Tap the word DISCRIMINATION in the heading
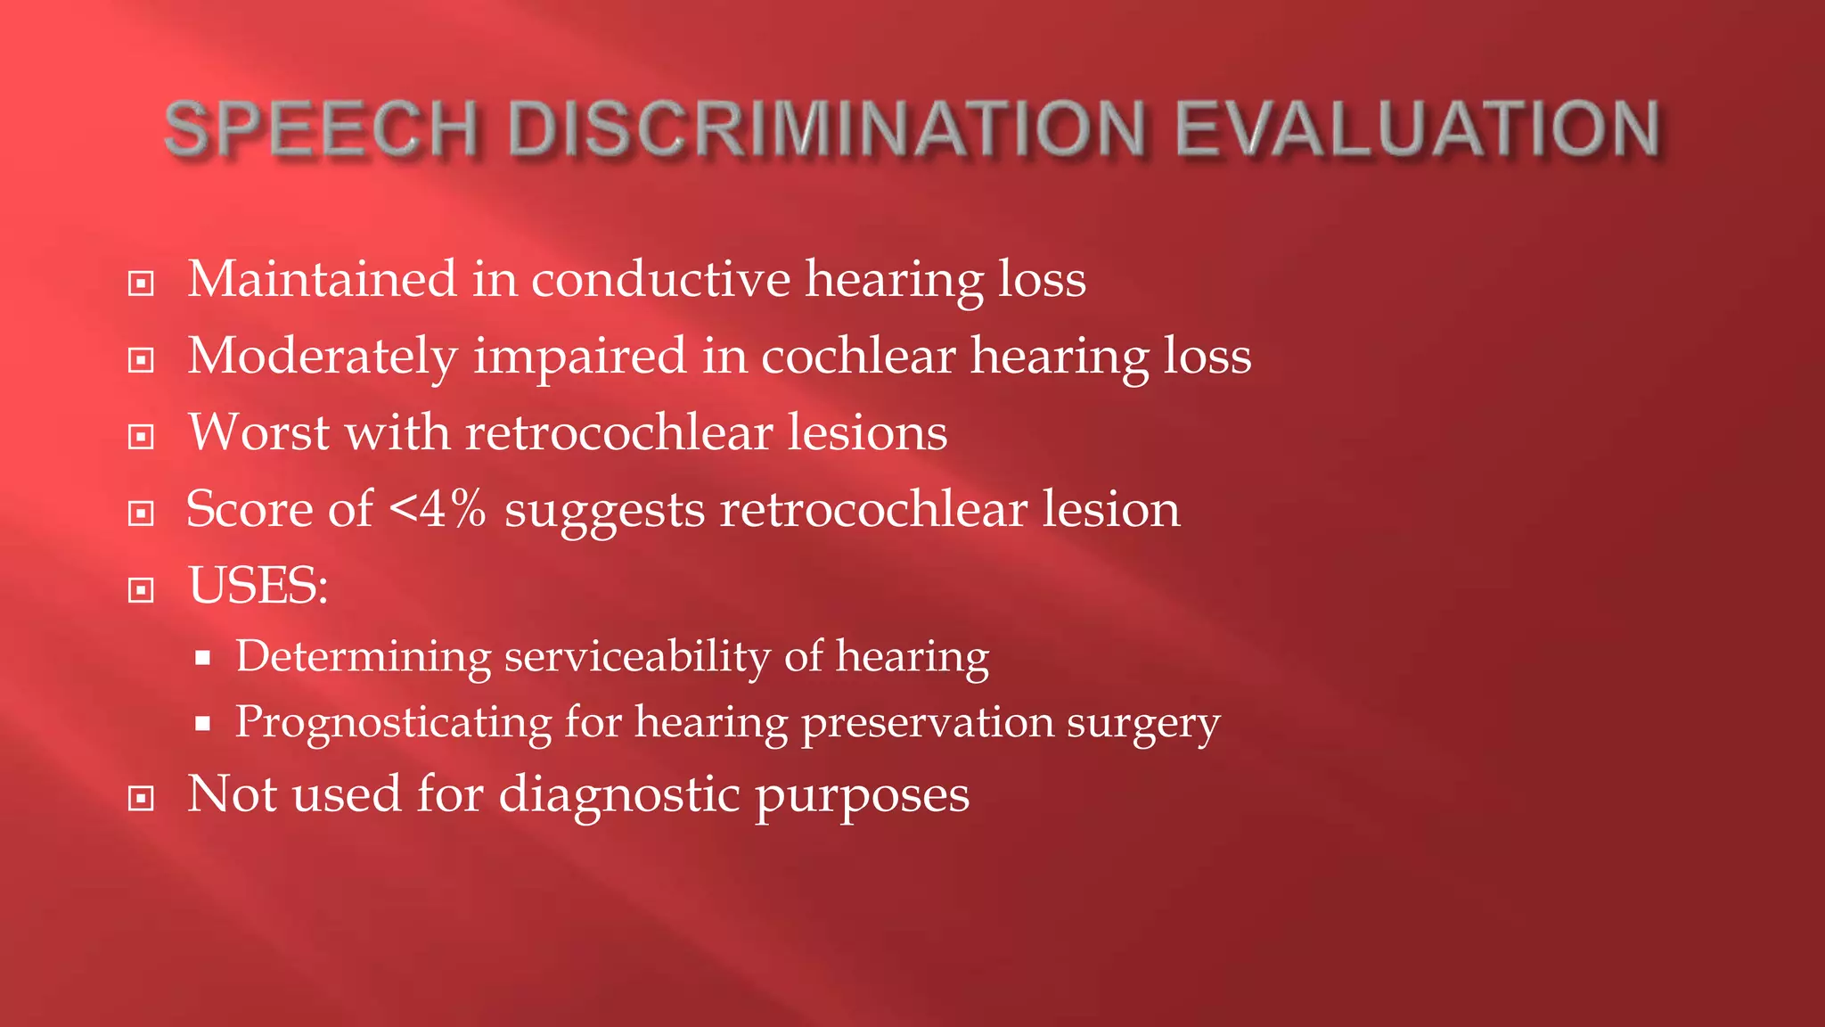coord(826,130)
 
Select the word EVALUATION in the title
coord(1418,130)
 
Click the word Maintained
coord(322,279)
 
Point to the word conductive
coord(660,279)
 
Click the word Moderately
coord(322,356)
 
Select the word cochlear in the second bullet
coord(857,356)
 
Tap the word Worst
coord(258,432)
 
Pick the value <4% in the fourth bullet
coord(438,509)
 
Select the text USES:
coord(258,586)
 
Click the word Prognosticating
coord(393,722)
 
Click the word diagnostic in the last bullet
coord(618,794)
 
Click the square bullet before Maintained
coord(141,284)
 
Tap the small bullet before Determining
coord(203,659)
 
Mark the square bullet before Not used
coord(141,798)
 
